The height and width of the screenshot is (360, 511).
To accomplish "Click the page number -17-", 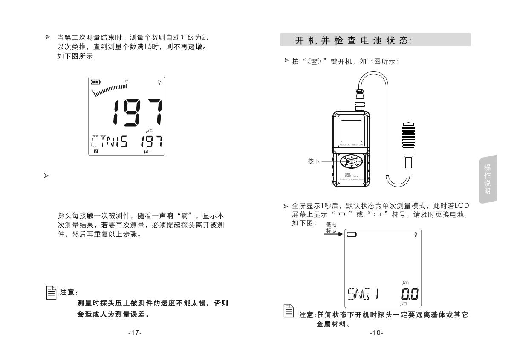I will coord(135,332).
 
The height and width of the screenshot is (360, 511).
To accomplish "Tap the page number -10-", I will coord(376,332).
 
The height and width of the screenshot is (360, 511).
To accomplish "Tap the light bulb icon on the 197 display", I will coord(159,82).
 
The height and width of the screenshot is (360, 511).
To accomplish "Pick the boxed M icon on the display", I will coord(95,151).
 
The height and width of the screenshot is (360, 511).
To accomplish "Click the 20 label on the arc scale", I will coord(127,81).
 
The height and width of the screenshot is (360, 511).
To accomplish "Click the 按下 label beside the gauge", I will coord(314,162).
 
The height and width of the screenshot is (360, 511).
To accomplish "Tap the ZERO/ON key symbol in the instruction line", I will coord(314,61).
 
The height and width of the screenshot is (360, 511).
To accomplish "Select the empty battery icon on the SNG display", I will coord(352,234).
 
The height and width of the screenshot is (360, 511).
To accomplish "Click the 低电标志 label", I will coord(331,227).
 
